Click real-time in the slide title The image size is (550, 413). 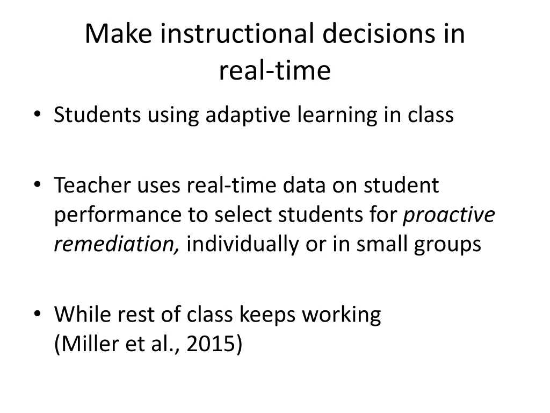274,70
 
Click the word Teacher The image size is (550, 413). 92,186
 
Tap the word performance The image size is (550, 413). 118,215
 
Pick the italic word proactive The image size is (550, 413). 448,215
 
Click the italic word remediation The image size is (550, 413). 117,245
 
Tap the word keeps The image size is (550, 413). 267,314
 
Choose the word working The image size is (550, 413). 341,314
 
